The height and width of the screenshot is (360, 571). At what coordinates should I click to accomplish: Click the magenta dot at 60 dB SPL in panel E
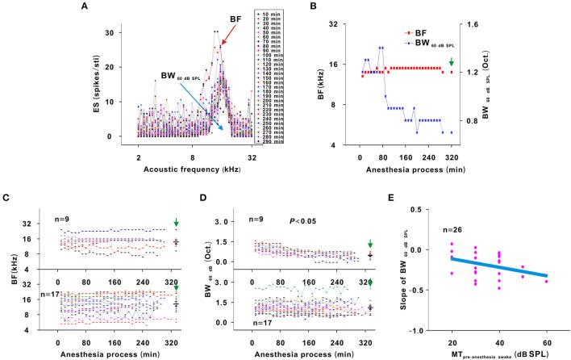(x=546, y=281)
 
